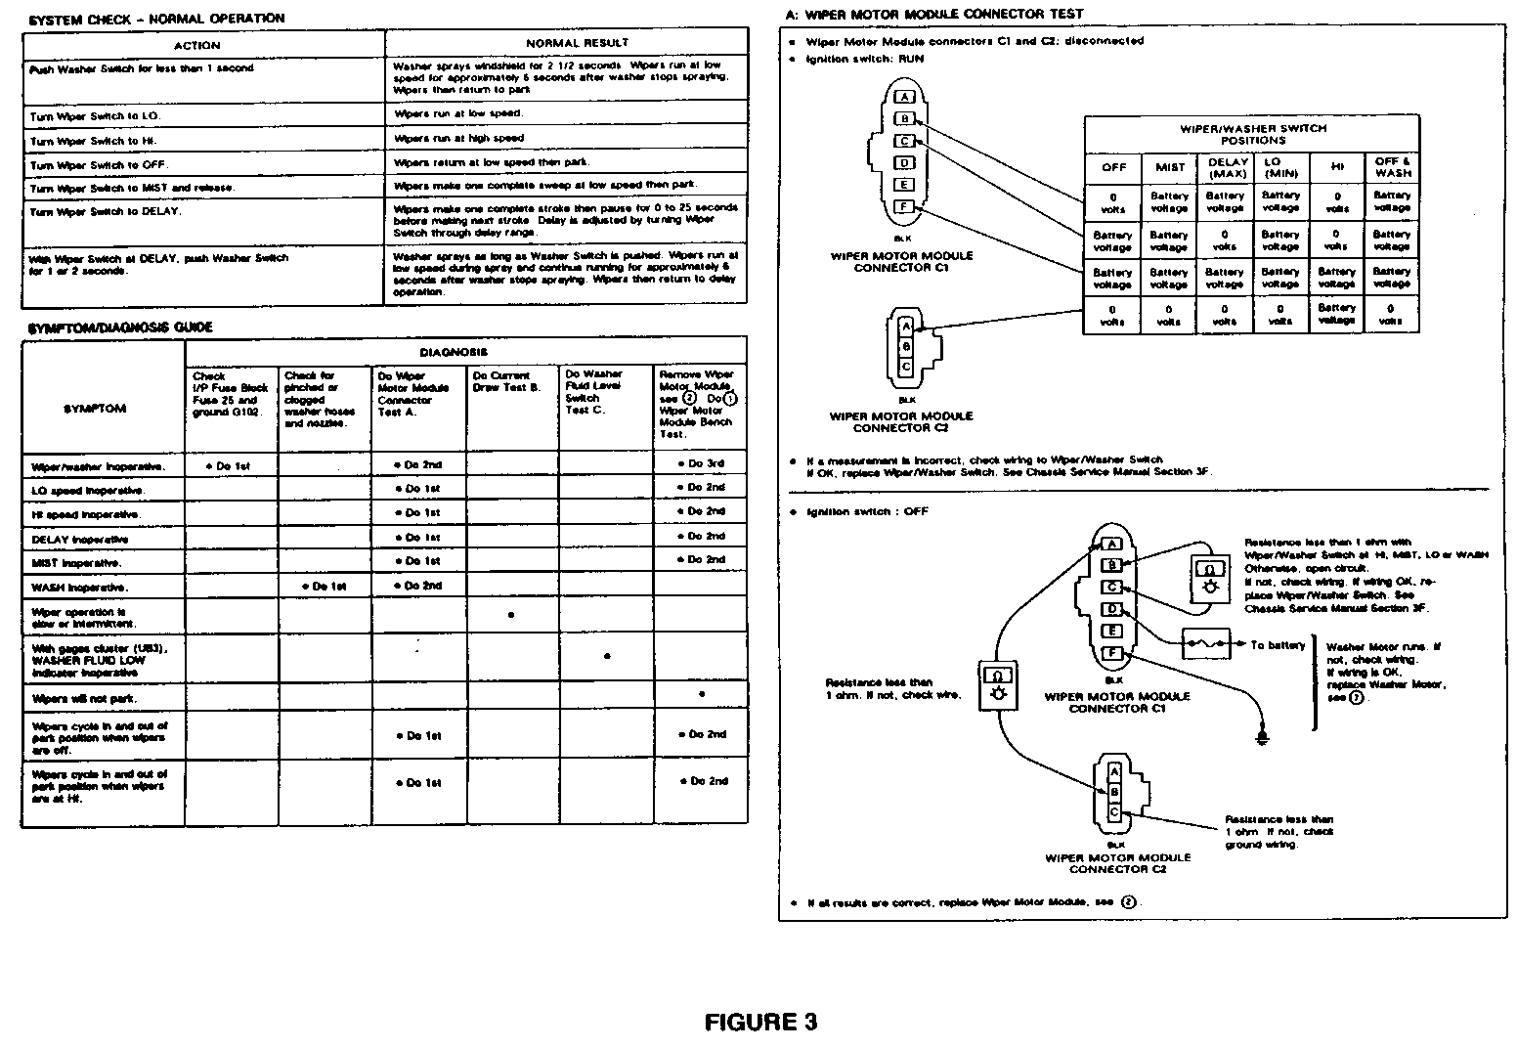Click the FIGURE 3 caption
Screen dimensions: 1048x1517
click(760, 1023)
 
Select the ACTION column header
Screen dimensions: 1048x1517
click(197, 45)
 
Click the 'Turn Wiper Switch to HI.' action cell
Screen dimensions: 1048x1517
click(92, 141)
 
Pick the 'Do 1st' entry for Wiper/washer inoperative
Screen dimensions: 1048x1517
click(228, 466)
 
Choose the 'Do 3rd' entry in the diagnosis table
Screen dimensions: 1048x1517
click(701, 463)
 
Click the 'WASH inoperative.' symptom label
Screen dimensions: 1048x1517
click(80, 588)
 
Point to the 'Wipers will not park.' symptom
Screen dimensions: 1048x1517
click(84, 699)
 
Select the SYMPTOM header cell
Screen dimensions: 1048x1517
click(94, 409)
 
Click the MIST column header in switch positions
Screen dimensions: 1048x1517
click(1169, 167)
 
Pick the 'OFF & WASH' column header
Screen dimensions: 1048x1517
click(1392, 167)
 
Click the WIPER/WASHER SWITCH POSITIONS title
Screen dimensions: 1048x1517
click(1251, 134)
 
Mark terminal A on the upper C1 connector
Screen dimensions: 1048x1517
click(905, 97)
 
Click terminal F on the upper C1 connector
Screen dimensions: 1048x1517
click(905, 206)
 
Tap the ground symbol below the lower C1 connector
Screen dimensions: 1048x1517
click(1263, 735)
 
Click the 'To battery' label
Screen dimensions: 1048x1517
click(1278, 645)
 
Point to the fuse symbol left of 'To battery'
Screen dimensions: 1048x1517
click(1208, 645)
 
